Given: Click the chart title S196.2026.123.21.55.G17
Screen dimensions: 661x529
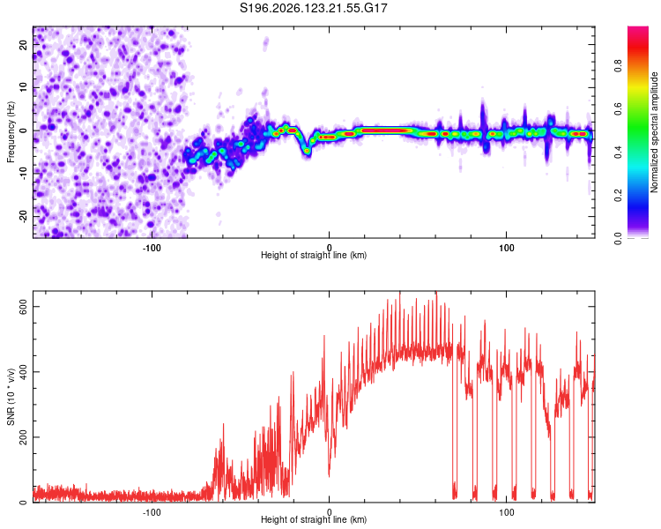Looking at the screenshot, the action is pyautogui.click(x=313, y=8).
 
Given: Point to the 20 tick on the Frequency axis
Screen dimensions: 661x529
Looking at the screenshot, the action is pyautogui.click(x=23, y=44).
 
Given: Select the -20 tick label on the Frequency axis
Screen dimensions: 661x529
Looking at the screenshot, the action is pyautogui.click(x=23, y=216).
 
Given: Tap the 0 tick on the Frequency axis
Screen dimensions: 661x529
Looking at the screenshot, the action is pyautogui.click(x=23, y=130).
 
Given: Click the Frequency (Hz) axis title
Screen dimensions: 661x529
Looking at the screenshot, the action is pyautogui.click(x=11, y=132).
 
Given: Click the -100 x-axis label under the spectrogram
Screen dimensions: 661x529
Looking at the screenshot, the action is pyautogui.click(x=152, y=248).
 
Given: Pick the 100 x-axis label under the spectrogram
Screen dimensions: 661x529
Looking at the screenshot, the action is pyautogui.click(x=506, y=248).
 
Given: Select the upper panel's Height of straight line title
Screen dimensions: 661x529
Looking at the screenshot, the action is pyautogui.click(x=314, y=255).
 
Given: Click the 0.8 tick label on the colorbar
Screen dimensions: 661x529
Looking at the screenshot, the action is pyautogui.click(x=618, y=66).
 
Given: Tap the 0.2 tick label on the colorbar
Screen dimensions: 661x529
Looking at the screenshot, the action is pyautogui.click(x=618, y=195).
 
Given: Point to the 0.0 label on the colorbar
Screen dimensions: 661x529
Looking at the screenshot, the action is pyautogui.click(x=618, y=238).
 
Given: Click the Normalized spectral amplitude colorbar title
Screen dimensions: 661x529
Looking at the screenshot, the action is pyautogui.click(x=654, y=132).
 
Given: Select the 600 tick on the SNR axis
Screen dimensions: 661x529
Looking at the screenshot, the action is pyautogui.click(x=23, y=306).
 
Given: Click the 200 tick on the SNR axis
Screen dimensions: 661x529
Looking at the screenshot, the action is pyautogui.click(x=23, y=437).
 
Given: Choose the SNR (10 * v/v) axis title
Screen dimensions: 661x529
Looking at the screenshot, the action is pyautogui.click(x=11, y=397).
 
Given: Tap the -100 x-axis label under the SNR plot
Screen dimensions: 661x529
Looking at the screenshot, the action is pyautogui.click(x=152, y=512).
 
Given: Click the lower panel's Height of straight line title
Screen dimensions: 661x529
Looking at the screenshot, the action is pyautogui.click(x=314, y=519).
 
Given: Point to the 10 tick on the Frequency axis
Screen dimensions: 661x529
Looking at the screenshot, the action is pyautogui.click(x=23, y=87).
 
